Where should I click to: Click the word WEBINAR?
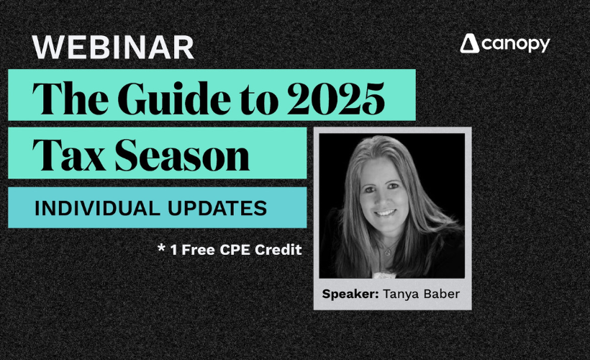click(x=113, y=48)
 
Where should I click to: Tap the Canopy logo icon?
click(x=471, y=44)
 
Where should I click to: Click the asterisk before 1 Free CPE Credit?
click(x=161, y=248)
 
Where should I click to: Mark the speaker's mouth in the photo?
click(x=385, y=214)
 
